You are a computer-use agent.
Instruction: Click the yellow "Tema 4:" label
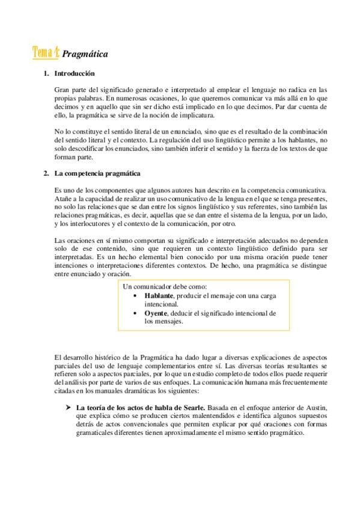tap(46, 54)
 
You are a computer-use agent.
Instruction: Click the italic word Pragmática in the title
tap(85, 54)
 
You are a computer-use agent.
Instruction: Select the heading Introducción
tap(75, 74)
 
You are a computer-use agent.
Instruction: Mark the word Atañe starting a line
tap(63, 198)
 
